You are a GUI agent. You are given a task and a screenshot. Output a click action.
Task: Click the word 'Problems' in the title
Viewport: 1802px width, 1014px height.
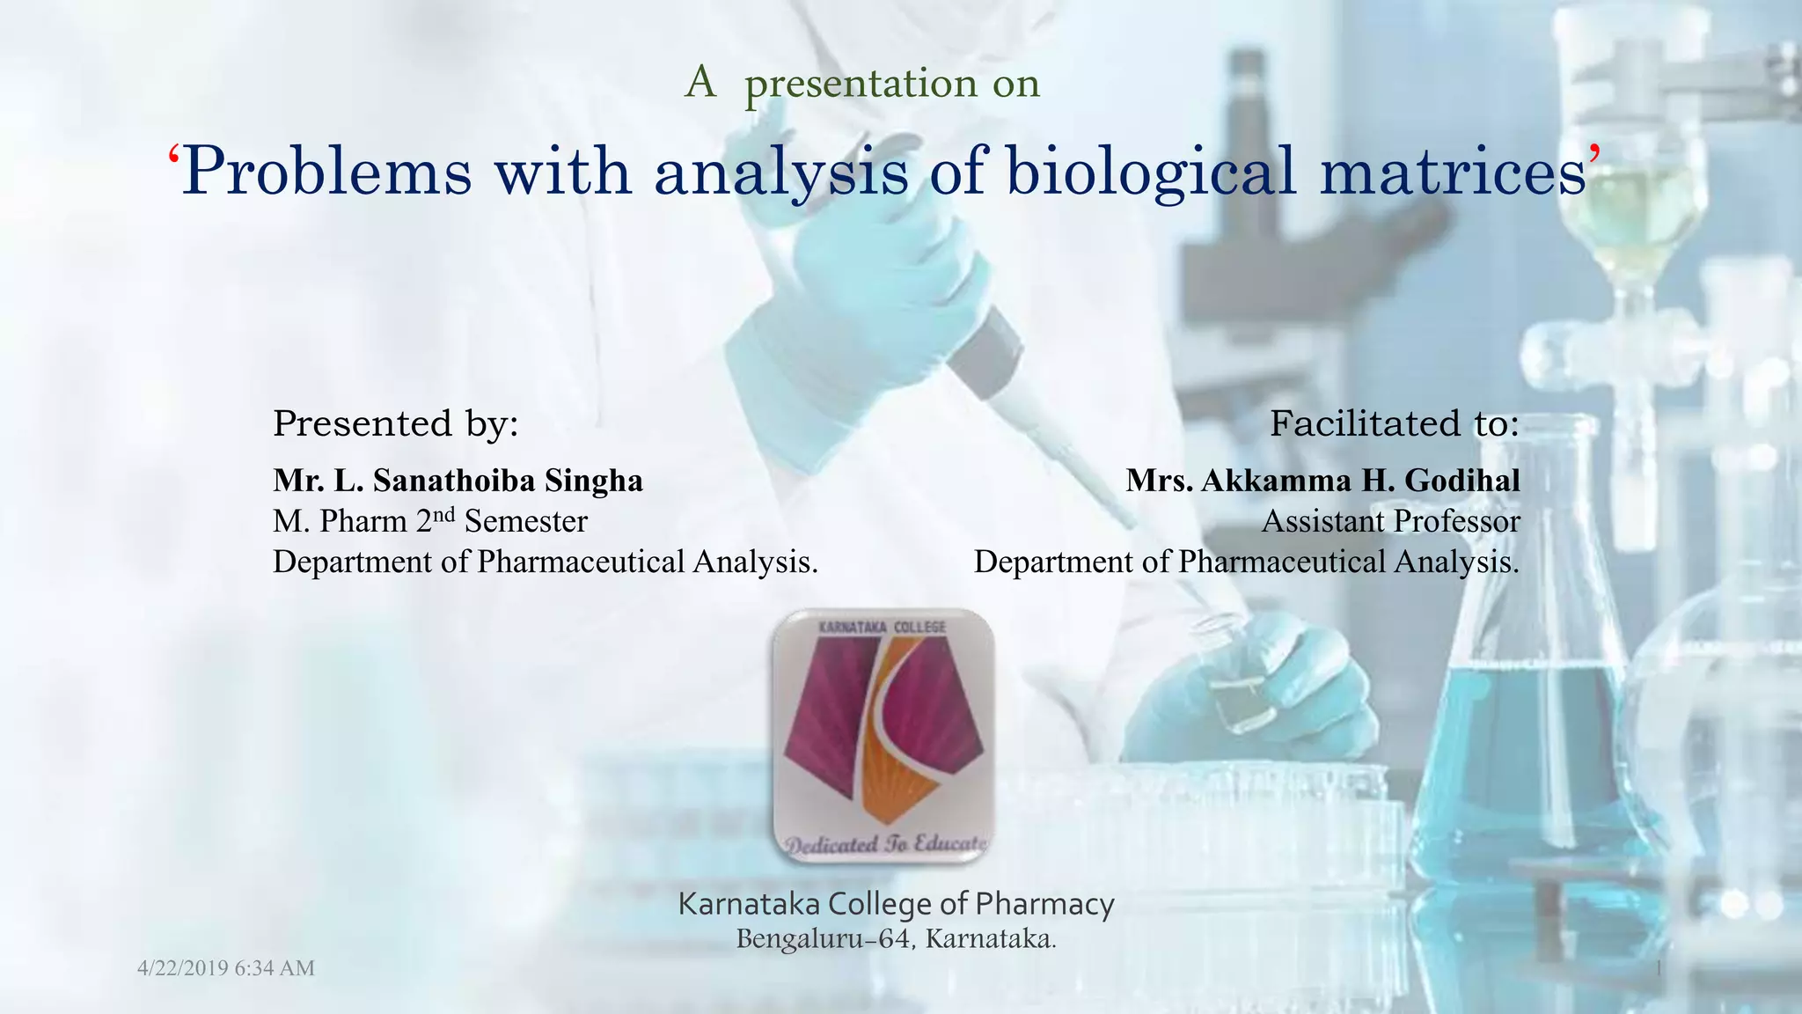pos(327,172)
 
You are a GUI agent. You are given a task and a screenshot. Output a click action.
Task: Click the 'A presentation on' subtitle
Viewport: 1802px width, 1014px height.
pos(862,84)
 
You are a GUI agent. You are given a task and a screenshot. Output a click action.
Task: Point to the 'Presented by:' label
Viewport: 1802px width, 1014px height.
pos(396,423)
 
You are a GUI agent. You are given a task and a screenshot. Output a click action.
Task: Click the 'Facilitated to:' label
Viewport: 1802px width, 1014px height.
pos(1395,423)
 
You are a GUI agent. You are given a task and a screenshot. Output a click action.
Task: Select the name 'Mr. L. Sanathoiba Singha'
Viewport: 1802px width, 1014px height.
pos(458,481)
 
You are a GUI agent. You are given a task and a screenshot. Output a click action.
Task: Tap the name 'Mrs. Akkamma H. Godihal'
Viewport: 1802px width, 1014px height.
pos(1322,481)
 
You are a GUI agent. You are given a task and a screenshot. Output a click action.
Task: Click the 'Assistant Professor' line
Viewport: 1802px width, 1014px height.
pos(1390,521)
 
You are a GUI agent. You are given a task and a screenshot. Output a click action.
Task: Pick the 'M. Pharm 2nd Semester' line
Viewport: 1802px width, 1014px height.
pos(429,521)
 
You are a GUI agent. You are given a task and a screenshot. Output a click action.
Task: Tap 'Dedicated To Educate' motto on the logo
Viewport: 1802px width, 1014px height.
pos(885,844)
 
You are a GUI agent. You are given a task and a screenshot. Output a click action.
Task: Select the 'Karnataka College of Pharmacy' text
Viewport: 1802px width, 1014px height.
pos(896,904)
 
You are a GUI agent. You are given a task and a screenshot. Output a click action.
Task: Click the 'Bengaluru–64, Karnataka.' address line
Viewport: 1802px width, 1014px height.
pos(896,939)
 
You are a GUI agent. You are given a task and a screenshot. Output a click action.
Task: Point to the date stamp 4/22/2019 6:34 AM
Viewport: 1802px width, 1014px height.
pos(226,968)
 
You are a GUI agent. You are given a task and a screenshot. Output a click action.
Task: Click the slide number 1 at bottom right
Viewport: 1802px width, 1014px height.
pos(1659,969)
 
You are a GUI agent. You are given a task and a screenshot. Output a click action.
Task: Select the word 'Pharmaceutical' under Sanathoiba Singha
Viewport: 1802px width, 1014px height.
pos(581,562)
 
